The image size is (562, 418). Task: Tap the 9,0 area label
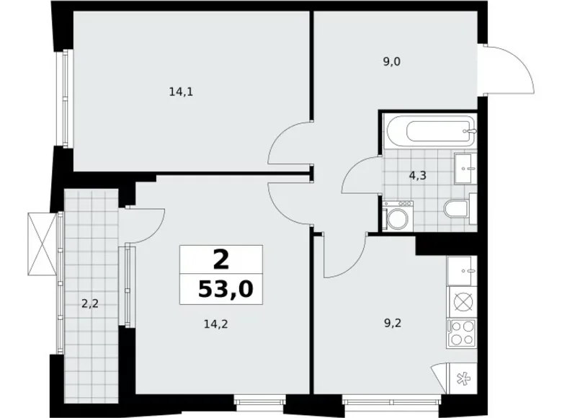pyautogui.click(x=391, y=61)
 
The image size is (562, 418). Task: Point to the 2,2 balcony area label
pyautogui.click(x=89, y=303)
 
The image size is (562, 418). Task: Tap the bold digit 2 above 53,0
pyautogui.click(x=220, y=259)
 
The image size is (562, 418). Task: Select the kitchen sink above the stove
pyautogui.click(x=461, y=271)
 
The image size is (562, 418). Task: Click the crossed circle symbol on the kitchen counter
pyautogui.click(x=461, y=298)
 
